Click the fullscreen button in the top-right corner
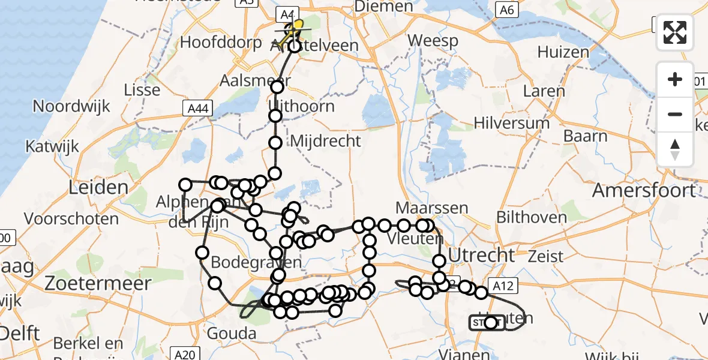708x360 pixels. [675, 32]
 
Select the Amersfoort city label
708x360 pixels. [644, 191]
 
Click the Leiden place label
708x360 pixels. [99, 187]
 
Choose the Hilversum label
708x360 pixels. [511, 123]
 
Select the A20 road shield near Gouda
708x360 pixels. [184, 354]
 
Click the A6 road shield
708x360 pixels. [508, 10]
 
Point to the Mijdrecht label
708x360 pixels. [325, 142]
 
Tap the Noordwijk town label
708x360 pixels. [71, 106]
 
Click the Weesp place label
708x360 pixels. [433, 41]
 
